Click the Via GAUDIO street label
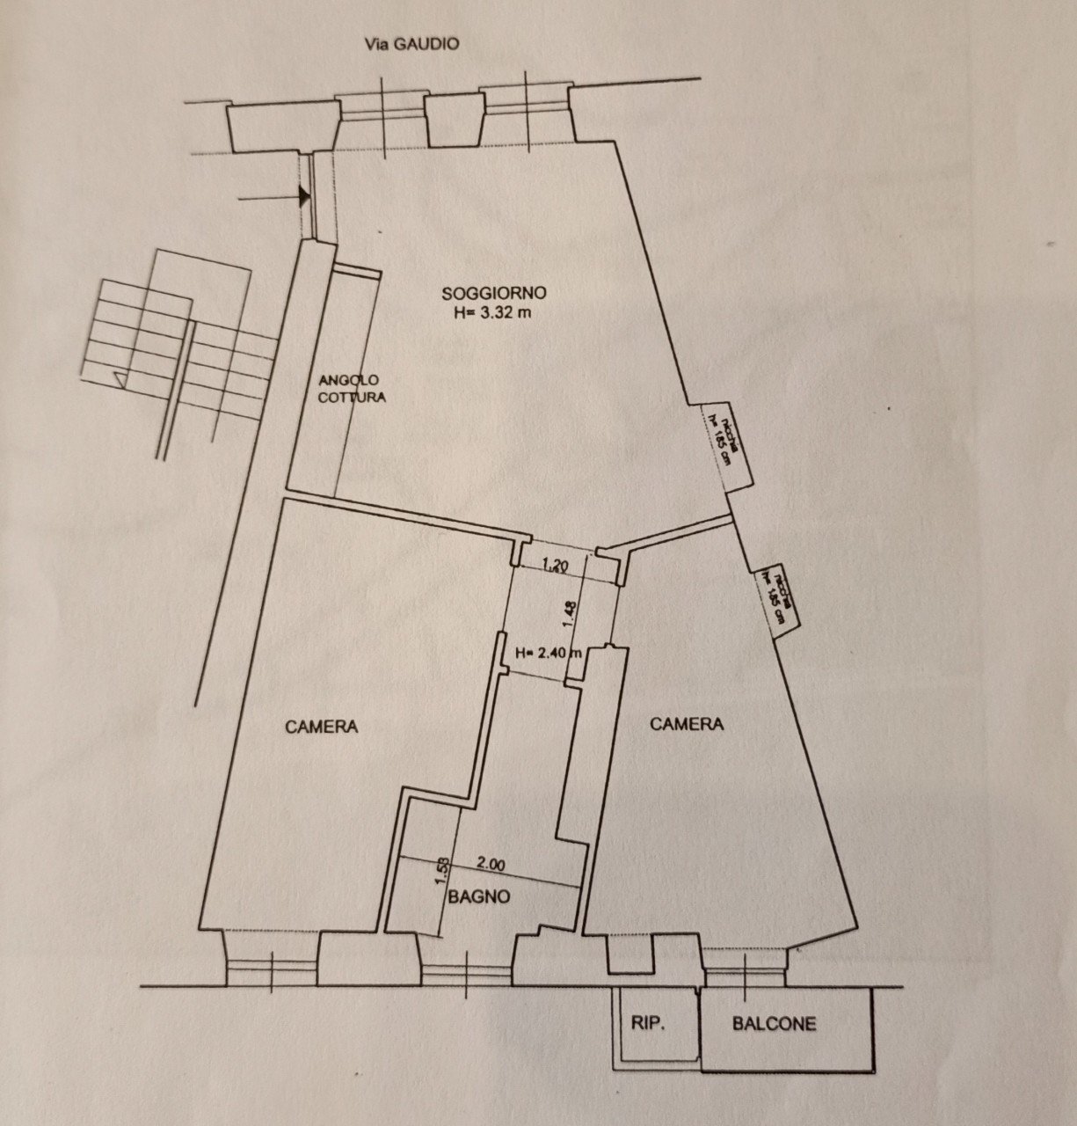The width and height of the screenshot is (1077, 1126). (411, 44)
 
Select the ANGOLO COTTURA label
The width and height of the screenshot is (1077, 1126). (351, 388)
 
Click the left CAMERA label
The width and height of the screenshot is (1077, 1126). (321, 727)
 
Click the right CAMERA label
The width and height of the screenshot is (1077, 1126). (686, 724)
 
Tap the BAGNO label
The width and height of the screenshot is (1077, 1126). (479, 897)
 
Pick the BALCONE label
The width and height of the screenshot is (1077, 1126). (774, 1024)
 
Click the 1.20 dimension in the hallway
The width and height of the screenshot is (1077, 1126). (554, 567)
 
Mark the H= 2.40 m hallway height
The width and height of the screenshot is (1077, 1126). (549, 653)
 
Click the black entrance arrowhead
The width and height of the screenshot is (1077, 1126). (304, 196)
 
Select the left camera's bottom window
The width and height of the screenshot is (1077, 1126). (272, 969)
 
